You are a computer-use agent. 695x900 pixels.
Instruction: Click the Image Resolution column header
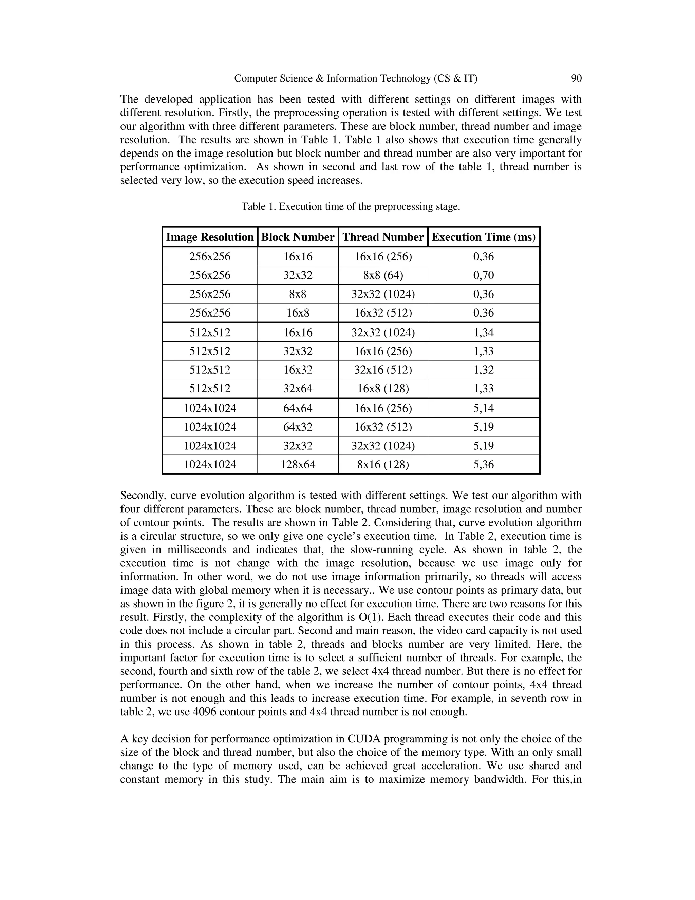210,237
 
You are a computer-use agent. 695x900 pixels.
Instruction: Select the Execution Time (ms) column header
483,237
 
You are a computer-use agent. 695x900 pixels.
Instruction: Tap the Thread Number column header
383,237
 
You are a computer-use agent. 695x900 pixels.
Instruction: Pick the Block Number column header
298,237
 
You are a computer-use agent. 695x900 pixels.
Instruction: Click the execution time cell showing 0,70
483,275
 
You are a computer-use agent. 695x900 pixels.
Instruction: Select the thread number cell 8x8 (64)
383,275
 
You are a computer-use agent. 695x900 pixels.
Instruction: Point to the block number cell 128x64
298,464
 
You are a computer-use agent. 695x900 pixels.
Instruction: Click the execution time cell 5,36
483,464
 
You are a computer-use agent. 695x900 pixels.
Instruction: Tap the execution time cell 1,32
483,370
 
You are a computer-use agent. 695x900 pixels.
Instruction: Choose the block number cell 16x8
298,313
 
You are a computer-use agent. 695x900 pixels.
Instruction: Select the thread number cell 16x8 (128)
383,389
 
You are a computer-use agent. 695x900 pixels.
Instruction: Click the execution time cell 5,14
483,408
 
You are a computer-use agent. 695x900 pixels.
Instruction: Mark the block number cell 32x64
298,389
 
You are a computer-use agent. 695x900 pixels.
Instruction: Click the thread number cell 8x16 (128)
383,464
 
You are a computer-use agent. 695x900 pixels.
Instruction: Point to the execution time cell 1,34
483,332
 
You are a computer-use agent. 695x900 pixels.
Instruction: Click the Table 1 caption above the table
350,206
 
